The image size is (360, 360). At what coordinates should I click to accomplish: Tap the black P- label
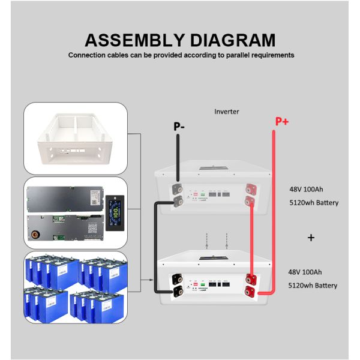[x=179, y=127]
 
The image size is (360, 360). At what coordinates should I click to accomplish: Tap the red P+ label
[x=282, y=122]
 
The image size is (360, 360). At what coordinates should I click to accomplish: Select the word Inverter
[x=227, y=112]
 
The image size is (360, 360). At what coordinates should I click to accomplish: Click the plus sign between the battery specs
[x=311, y=238]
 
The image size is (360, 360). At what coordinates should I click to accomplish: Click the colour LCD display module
[x=113, y=212]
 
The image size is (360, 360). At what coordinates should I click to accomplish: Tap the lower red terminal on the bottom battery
[x=251, y=291]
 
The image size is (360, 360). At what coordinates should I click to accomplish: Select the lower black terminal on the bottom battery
[x=178, y=292]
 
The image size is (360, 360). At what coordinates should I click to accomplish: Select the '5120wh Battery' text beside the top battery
[x=313, y=203]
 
